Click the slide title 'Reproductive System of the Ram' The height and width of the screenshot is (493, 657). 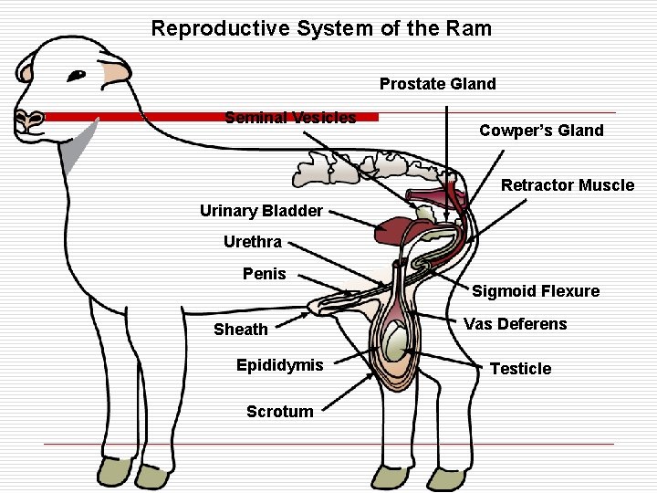pyautogui.click(x=321, y=28)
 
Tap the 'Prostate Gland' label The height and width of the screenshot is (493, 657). pyautogui.click(x=438, y=84)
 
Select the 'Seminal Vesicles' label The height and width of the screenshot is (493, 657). pyautogui.click(x=290, y=117)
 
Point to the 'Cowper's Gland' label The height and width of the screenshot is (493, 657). pyautogui.click(x=541, y=131)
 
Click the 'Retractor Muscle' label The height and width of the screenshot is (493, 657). pyautogui.click(x=568, y=185)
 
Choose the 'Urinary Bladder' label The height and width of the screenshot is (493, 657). pyautogui.click(x=261, y=211)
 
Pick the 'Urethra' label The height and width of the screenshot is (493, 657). pyautogui.click(x=253, y=242)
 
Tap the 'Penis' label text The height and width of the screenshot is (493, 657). pyautogui.click(x=265, y=274)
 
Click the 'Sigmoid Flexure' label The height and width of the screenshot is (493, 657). pyautogui.click(x=536, y=291)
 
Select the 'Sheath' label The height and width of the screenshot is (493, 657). pyautogui.click(x=241, y=330)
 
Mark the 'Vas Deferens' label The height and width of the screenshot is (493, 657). pyautogui.click(x=515, y=324)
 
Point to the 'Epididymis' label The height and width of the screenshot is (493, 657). pyautogui.click(x=279, y=365)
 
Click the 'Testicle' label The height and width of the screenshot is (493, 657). pyautogui.click(x=521, y=369)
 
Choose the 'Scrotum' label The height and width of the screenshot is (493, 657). pyautogui.click(x=279, y=412)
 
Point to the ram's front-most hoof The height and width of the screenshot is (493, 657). pyautogui.click(x=116, y=472)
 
